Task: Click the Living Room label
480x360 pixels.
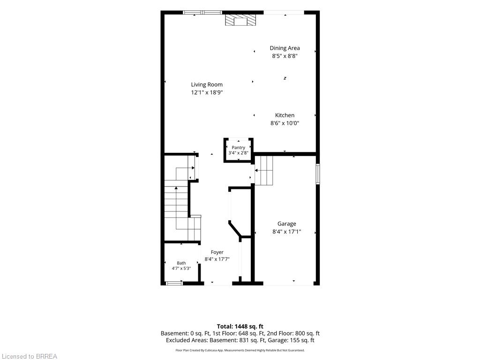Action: (x=207, y=84)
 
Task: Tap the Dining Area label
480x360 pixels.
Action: (x=285, y=48)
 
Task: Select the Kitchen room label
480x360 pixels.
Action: (x=285, y=115)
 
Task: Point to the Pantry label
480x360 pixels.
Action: (x=238, y=148)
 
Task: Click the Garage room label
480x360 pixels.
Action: (x=287, y=224)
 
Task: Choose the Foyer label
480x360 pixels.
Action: (x=217, y=252)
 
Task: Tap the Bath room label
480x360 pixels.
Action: (x=181, y=263)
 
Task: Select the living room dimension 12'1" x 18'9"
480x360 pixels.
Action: (x=207, y=92)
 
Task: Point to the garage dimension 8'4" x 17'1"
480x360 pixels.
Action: (x=287, y=232)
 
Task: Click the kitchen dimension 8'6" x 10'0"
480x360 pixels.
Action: (x=285, y=123)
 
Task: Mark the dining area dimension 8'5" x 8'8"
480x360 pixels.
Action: (x=285, y=56)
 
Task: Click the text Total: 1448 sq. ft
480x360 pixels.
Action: (x=240, y=326)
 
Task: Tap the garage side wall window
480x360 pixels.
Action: (x=318, y=174)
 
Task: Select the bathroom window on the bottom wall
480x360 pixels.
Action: (x=174, y=283)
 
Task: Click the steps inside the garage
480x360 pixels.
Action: (x=263, y=171)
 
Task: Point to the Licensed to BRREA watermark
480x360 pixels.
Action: (x=29, y=356)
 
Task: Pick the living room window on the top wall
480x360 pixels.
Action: (x=202, y=12)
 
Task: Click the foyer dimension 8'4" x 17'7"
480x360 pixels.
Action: (x=217, y=259)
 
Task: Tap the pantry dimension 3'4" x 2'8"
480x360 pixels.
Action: (x=238, y=153)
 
